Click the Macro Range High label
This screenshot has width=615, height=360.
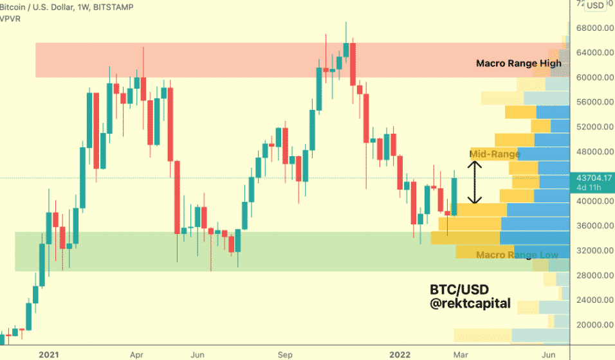pyautogui.click(x=518, y=63)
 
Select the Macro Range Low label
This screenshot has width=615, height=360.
pyautogui.click(x=517, y=255)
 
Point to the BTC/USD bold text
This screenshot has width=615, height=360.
pyautogui.click(x=460, y=288)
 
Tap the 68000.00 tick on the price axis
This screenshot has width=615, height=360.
pyautogui.click(x=593, y=28)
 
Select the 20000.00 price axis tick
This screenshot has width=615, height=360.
pyautogui.click(x=593, y=325)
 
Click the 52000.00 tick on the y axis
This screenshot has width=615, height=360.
pyautogui.click(x=593, y=127)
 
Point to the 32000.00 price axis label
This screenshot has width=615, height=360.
pyautogui.click(x=593, y=251)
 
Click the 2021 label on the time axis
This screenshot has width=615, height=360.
pyautogui.click(x=50, y=354)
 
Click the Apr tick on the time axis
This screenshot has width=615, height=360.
pyautogui.click(x=137, y=354)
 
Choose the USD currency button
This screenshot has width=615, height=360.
pyautogui.click(x=595, y=5)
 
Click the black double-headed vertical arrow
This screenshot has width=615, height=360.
pyautogui.click(x=473, y=182)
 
